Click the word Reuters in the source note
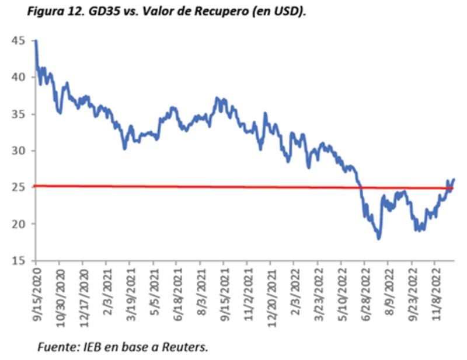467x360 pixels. point(186,347)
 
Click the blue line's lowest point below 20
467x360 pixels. point(379,238)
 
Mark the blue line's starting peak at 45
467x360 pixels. point(36,41)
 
